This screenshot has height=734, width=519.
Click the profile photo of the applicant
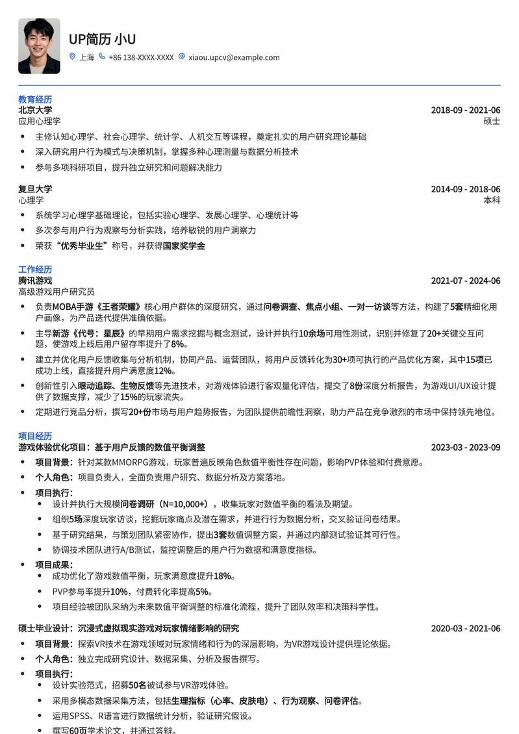(39, 45)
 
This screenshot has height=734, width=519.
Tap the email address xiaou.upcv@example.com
(234, 57)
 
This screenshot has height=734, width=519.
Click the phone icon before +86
(102, 57)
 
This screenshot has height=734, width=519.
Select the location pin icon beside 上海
(72, 57)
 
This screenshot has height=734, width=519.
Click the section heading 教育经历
(35, 99)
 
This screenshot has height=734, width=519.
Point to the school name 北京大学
(35, 110)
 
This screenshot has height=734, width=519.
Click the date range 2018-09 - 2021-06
(465, 110)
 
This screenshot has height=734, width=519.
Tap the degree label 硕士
(492, 121)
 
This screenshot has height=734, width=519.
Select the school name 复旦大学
(35, 189)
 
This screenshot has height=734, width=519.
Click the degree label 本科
(492, 200)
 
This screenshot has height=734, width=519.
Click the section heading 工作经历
(35, 270)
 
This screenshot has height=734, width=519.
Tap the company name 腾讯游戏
(35, 281)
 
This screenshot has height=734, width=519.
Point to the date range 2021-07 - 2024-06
(465, 281)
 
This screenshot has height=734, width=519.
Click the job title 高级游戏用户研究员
(57, 292)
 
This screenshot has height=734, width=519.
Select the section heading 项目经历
(35, 436)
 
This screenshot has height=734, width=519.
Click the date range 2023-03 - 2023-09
(465, 447)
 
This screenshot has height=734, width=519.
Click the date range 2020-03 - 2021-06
(465, 628)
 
